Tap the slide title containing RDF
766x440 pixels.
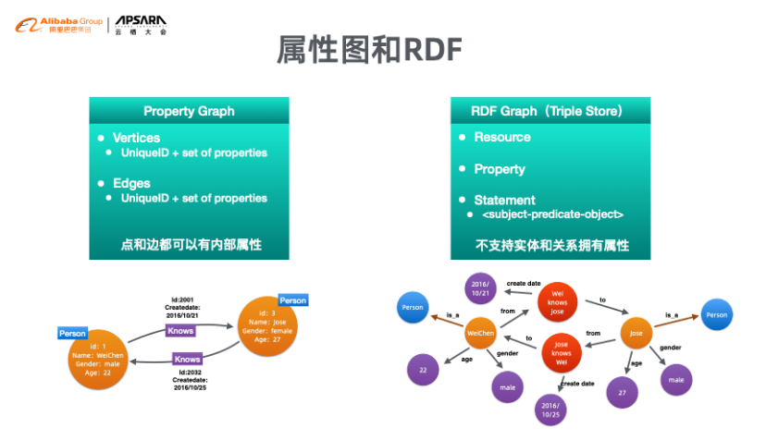click(x=369, y=51)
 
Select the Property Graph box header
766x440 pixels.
click(x=189, y=111)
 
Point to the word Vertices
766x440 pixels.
click(x=136, y=138)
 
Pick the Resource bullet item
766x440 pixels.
click(x=502, y=137)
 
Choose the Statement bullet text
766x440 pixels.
click(x=504, y=200)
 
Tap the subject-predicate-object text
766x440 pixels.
click(x=553, y=214)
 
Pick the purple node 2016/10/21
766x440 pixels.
click(x=479, y=287)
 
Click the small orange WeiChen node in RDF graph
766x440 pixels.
click(x=480, y=332)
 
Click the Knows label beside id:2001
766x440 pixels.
click(x=181, y=330)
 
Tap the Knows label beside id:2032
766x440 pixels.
click(x=188, y=359)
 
